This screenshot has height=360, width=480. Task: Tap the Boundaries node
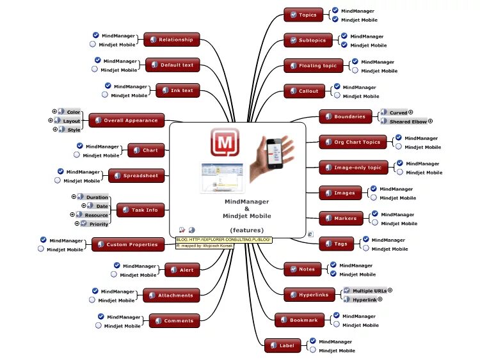(346, 117)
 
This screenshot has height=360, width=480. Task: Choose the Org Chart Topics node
(353, 143)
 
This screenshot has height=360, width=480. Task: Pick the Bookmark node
(300, 320)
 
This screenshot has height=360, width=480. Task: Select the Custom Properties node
(127, 244)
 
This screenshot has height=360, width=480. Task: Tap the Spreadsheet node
(136, 176)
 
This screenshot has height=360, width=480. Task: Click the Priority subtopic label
(98, 224)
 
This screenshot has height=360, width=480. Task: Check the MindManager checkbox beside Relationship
(96, 35)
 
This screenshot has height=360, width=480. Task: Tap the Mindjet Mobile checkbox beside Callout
(337, 96)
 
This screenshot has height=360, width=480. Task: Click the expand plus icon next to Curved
(411, 112)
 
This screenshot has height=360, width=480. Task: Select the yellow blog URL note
(224, 239)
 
